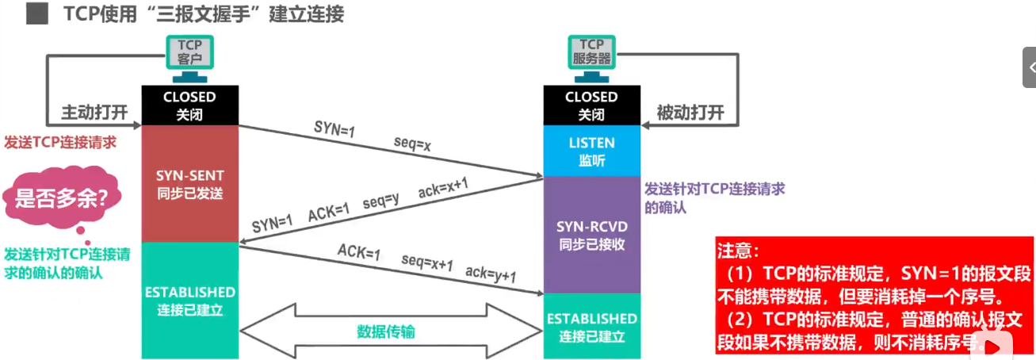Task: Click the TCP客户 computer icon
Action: (x=189, y=59)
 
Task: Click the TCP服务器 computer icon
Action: (x=591, y=59)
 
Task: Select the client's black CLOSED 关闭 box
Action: (x=190, y=105)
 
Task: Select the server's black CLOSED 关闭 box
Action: (x=592, y=105)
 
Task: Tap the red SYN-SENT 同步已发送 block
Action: (x=190, y=184)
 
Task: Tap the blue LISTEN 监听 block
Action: (x=592, y=151)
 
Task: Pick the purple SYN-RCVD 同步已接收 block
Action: (x=592, y=235)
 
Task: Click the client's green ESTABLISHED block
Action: (x=190, y=301)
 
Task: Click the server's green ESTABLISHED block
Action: (x=592, y=326)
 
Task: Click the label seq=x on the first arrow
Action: (x=412, y=144)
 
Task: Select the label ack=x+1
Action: (x=443, y=187)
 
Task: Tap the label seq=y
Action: (x=380, y=201)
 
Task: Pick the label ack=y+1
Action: (x=491, y=273)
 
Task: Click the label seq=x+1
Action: (x=427, y=262)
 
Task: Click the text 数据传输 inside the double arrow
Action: (x=386, y=331)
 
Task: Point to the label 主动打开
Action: (x=94, y=113)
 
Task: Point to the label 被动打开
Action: (x=690, y=113)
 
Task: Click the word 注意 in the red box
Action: (x=734, y=251)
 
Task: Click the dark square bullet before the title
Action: (x=37, y=13)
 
